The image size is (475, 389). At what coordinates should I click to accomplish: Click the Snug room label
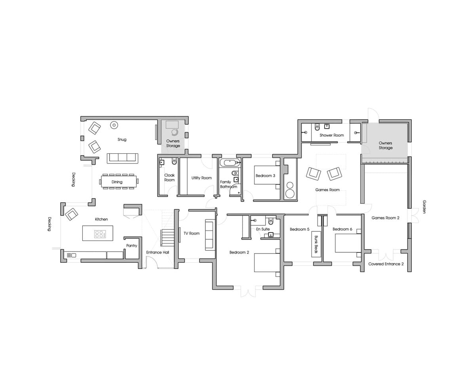pos(122,139)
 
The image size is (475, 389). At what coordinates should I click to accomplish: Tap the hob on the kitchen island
pos(100,234)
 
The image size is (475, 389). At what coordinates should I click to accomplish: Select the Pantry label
pos(132,246)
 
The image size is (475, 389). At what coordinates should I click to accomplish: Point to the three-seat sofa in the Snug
pos(122,158)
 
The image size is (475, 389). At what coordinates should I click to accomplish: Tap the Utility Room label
pos(201,178)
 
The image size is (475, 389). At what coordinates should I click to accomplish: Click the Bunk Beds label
pos(316,244)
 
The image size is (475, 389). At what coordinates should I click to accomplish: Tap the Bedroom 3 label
pos(265,175)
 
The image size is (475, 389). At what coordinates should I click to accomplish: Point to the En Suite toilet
pos(271,221)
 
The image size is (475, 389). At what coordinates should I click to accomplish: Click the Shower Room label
pos(332,135)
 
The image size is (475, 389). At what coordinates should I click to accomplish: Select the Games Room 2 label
pos(385,218)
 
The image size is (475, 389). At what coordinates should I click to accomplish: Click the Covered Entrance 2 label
pos(386,264)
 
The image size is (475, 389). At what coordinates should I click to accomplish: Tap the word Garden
pos(424,207)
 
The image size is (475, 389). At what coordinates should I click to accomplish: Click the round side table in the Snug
pos(114,125)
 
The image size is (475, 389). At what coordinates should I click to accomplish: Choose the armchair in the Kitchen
pos(72,214)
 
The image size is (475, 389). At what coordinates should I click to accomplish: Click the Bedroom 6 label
pos(342,229)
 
